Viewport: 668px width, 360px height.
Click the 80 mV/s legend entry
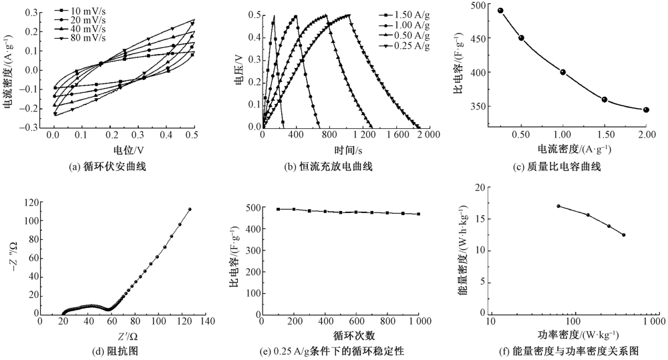79,38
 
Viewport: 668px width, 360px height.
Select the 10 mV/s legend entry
79,11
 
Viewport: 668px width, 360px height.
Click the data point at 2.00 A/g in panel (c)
646,110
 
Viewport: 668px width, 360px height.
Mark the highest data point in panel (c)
500,11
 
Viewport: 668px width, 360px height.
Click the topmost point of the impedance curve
190,209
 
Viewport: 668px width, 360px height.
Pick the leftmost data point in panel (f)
558,206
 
